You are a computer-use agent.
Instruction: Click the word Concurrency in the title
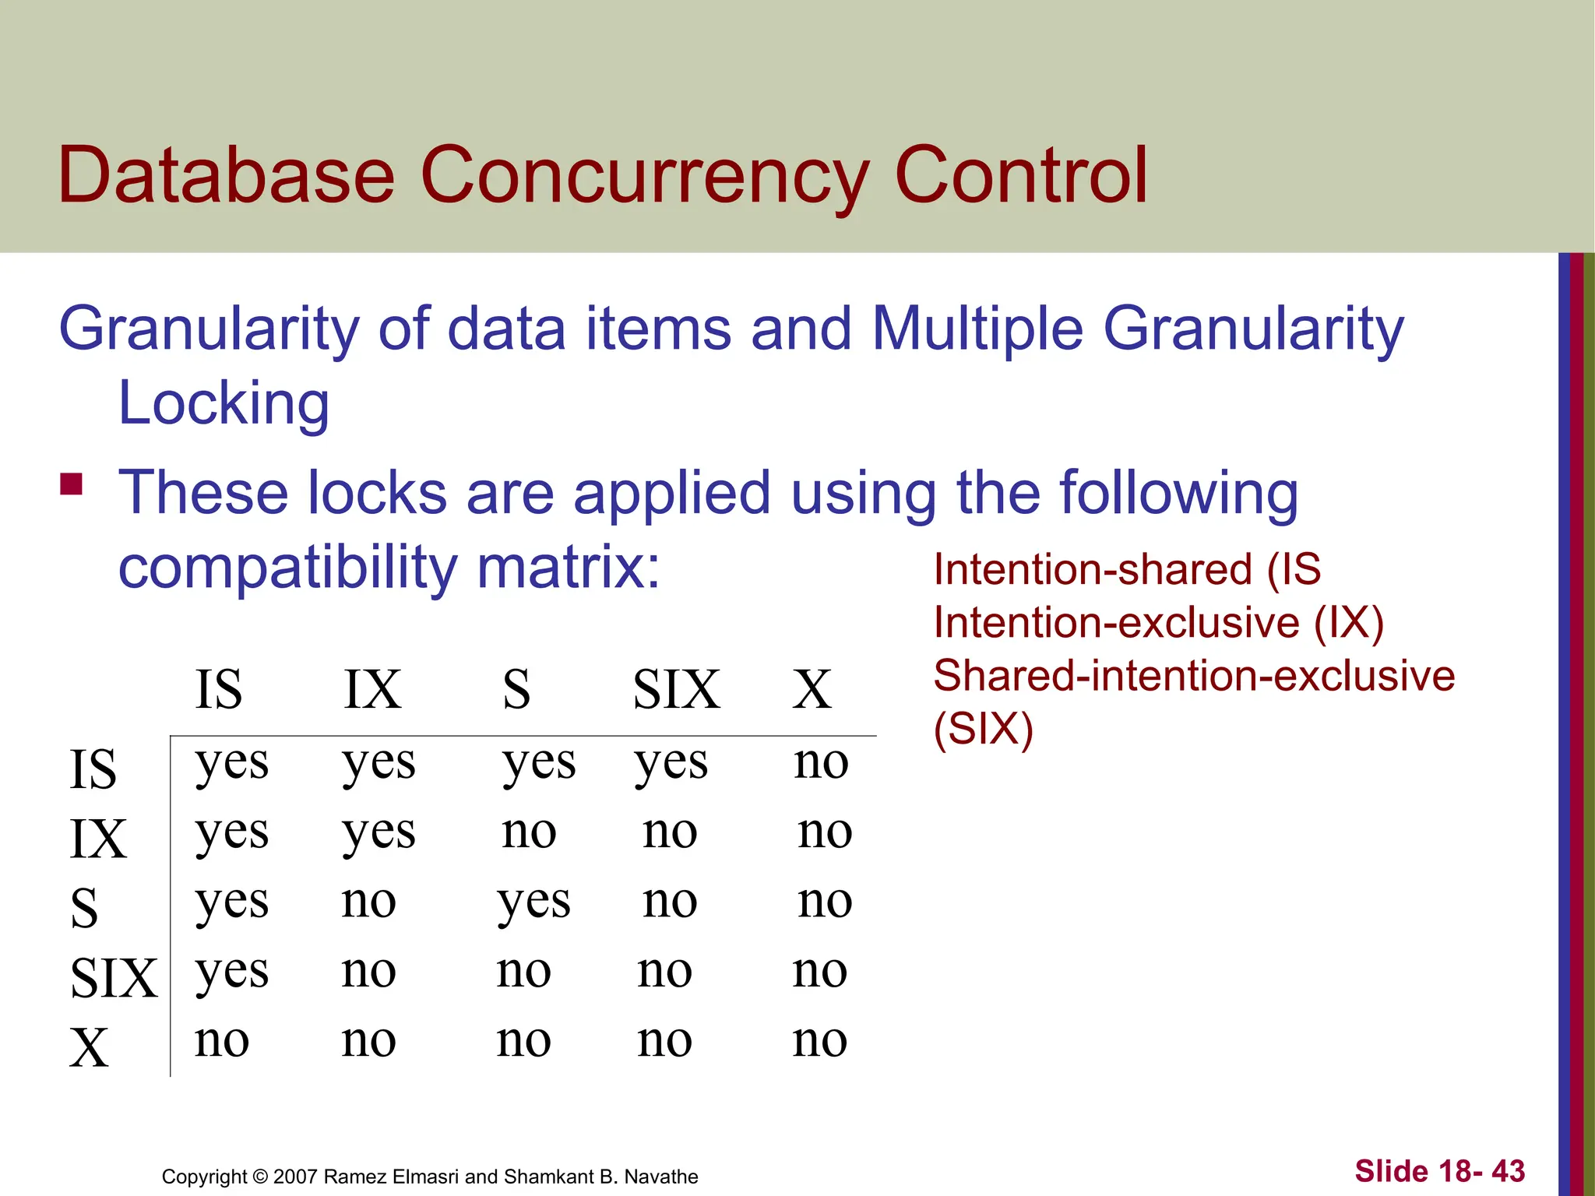click(644, 178)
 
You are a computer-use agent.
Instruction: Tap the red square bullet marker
click(72, 484)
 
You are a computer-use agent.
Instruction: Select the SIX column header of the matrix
click(676, 690)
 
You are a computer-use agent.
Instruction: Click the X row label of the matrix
click(89, 1048)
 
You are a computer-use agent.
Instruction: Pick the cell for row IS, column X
click(820, 762)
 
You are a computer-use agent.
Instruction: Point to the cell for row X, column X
click(819, 1040)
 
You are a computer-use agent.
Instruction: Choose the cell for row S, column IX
click(368, 902)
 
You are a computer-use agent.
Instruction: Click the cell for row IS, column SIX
click(671, 763)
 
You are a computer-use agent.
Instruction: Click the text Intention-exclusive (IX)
click(1158, 623)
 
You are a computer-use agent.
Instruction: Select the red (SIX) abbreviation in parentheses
click(983, 730)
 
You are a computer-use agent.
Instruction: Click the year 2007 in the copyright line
click(295, 1177)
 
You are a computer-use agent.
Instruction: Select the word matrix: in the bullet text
click(568, 568)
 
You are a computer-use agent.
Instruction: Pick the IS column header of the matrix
click(218, 690)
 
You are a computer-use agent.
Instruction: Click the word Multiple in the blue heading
click(977, 329)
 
